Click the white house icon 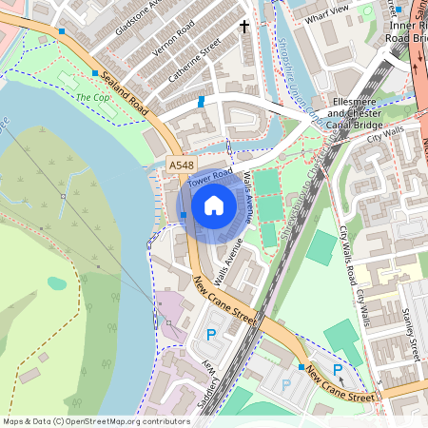(x=214, y=204)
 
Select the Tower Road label (x=209, y=177)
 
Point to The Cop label (x=90, y=97)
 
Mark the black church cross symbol (x=244, y=26)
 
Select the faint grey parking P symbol (x=285, y=385)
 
